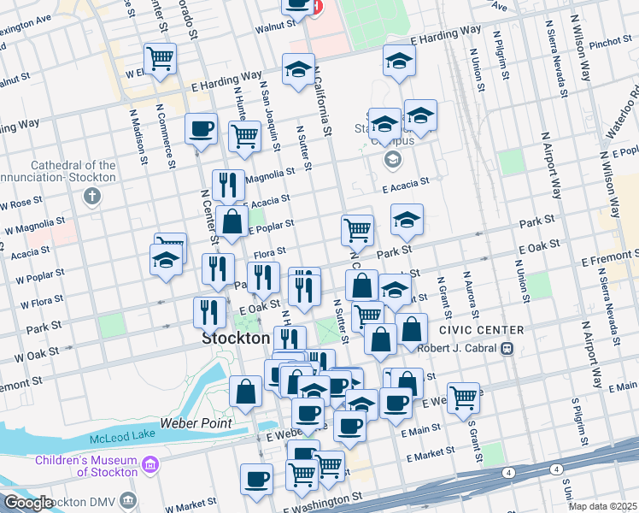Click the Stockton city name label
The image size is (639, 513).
(236, 338)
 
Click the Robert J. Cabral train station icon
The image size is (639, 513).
(507, 348)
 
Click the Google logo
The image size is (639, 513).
(27, 503)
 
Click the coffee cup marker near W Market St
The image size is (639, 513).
(256, 479)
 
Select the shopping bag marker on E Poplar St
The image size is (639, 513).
(232, 221)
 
